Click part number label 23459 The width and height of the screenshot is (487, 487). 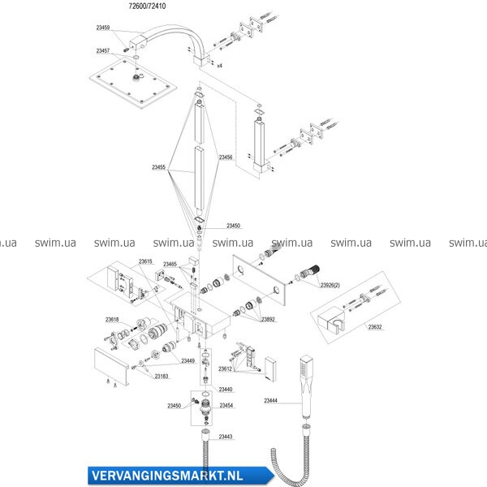point(103,28)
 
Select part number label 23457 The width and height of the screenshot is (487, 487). point(103,51)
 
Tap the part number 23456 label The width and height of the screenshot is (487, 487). point(226,157)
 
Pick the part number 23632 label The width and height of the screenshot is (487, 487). point(375,327)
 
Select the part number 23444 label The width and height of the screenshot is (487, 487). point(271,399)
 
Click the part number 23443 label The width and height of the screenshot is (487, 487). point(226,437)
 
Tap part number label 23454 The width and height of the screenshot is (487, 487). point(226,405)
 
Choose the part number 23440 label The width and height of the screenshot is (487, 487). point(226,390)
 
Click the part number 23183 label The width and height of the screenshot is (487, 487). point(161,376)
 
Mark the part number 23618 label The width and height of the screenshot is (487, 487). point(112,320)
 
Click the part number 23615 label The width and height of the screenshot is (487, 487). point(145,261)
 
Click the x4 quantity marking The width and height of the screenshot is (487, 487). point(219,64)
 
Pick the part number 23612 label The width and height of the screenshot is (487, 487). point(226,368)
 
